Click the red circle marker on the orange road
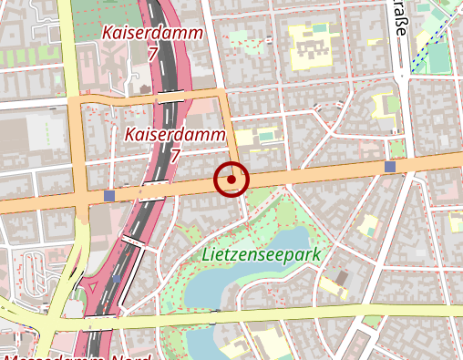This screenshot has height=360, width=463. click(x=231, y=180)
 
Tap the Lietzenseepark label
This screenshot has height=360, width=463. click(x=262, y=255)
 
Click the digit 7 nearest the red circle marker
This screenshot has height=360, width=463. click(x=174, y=157)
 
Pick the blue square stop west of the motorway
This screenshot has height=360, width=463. click(x=109, y=196)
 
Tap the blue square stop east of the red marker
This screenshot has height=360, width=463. click(x=390, y=167)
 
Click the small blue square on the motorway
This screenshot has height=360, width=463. click(x=117, y=276)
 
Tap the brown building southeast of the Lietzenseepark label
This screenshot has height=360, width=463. click(x=341, y=276)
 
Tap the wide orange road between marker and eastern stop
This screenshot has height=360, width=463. click(x=310, y=173)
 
